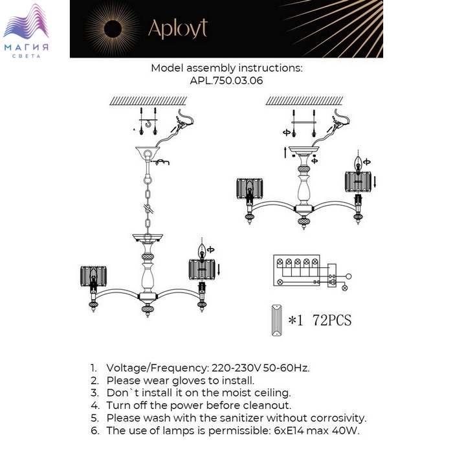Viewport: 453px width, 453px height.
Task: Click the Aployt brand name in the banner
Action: point(177,28)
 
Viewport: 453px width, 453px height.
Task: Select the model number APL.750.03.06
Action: point(226,81)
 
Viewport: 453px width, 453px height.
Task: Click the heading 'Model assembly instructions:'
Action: point(226,68)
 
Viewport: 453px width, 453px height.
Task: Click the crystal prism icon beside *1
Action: point(276,320)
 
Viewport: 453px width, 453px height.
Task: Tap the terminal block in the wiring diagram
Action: point(297,264)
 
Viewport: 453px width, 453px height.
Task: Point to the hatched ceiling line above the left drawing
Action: point(148,101)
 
